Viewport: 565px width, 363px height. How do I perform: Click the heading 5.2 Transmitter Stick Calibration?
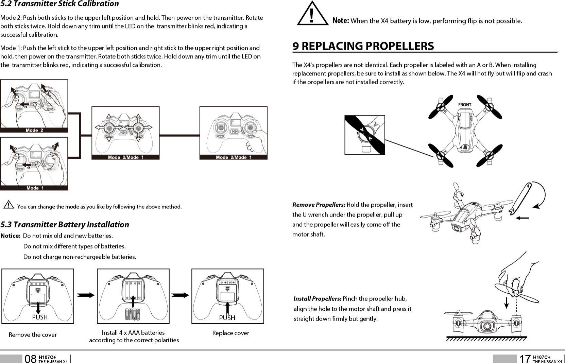pyautogui.click(x=59, y=4)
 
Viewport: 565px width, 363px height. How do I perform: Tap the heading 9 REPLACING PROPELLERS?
pyautogui.click(x=363, y=46)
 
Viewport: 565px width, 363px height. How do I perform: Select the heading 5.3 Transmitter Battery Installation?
pyautogui.click(x=65, y=225)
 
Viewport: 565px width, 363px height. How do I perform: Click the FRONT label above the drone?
pyautogui.click(x=465, y=105)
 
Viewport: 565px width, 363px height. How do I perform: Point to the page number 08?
pyautogui.click(x=31, y=359)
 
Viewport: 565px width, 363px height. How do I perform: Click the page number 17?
pyautogui.click(x=525, y=359)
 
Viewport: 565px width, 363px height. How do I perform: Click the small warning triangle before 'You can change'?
pyautogui.click(x=8, y=205)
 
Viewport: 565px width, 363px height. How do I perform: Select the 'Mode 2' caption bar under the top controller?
pyautogui.click(x=34, y=130)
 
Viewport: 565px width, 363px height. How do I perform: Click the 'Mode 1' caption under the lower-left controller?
pyautogui.click(x=34, y=188)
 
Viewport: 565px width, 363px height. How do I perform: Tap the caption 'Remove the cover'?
pyautogui.click(x=33, y=335)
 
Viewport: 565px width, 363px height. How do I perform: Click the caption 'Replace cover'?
pyautogui.click(x=230, y=333)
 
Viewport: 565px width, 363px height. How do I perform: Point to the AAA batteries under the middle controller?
pyautogui.click(x=133, y=314)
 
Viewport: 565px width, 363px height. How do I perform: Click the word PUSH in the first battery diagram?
pyautogui.click(x=40, y=317)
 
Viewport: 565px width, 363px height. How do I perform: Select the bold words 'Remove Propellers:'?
pyautogui.click(x=319, y=205)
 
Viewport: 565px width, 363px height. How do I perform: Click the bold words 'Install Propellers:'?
pyautogui.click(x=317, y=299)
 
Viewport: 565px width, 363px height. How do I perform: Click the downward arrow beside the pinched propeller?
pyautogui.click(x=507, y=303)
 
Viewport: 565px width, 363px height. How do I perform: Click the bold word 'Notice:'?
pyautogui.click(x=11, y=236)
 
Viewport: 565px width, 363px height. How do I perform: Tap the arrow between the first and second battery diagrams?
pyautogui.click(x=86, y=295)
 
